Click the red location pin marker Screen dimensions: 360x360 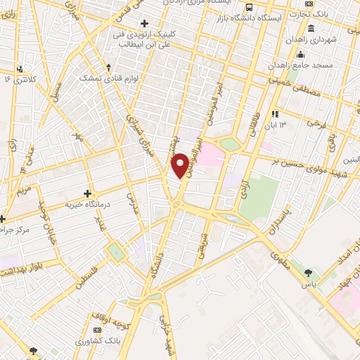[x=181, y=165]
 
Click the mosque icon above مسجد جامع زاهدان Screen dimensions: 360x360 [x=301, y=55]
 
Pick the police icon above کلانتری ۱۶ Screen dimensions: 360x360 [x=20, y=69]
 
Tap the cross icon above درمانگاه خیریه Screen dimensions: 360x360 [x=88, y=193]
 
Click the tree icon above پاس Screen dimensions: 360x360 [x=307, y=271]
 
